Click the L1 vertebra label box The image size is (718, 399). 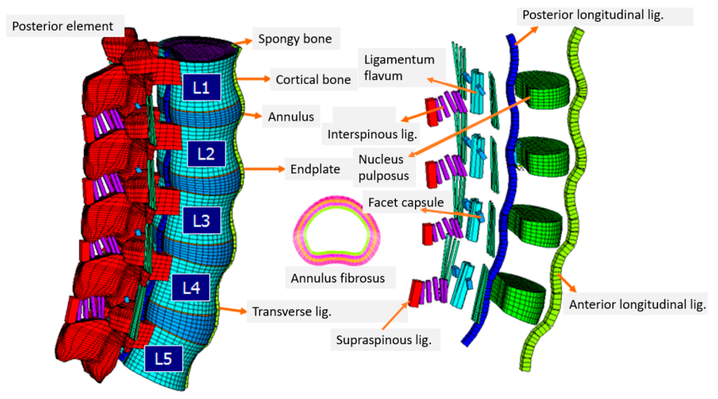click(201, 87)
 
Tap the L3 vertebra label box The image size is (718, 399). click(201, 220)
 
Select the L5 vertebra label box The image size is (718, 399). click(164, 359)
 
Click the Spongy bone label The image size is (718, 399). click(295, 39)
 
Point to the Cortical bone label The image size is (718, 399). click(313, 80)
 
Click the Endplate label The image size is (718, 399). click(315, 169)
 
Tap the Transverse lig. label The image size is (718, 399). click(292, 311)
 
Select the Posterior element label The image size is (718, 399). click(63, 26)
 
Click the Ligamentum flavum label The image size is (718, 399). click(399, 67)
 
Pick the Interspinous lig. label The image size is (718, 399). click(372, 134)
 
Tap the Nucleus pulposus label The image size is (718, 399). click(384, 167)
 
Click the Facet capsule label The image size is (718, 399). click(406, 202)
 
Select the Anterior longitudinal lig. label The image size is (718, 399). click(637, 304)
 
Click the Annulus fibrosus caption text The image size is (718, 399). click(338, 278)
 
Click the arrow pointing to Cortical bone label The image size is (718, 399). click(253, 79)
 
